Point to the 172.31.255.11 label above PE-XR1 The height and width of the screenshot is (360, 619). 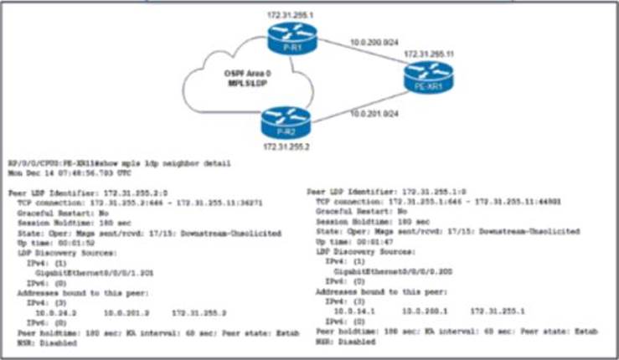429,54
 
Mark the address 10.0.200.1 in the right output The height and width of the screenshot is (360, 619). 420,308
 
